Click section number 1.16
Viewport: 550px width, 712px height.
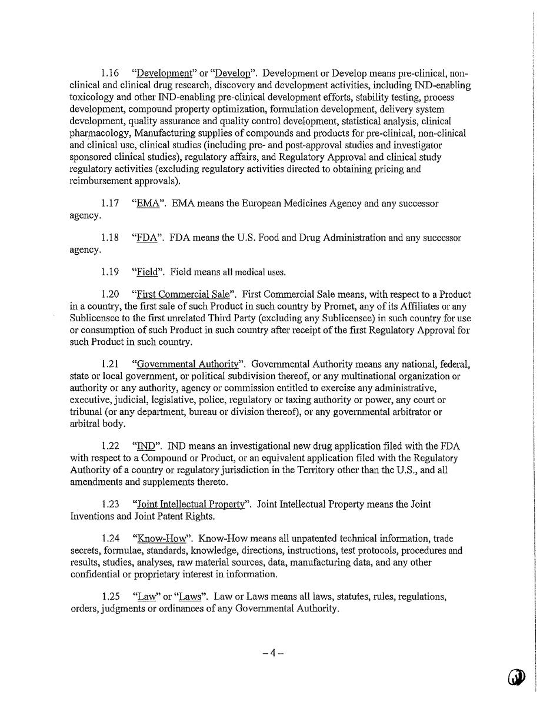tap(109, 74)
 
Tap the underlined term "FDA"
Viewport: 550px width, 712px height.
tap(146, 238)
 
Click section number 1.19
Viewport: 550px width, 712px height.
tap(109, 272)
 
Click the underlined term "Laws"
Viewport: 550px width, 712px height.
tap(190, 597)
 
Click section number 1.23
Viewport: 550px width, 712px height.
tap(110, 504)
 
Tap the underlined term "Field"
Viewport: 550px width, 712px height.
tap(147, 272)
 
